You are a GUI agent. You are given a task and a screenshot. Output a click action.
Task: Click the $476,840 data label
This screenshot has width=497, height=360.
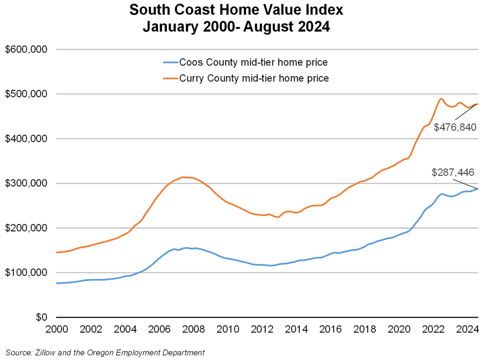(x=455, y=127)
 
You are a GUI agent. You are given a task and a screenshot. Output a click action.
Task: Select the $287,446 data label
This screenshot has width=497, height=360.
(x=453, y=173)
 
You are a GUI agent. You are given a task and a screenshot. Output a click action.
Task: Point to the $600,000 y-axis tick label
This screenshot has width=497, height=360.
(x=26, y=50)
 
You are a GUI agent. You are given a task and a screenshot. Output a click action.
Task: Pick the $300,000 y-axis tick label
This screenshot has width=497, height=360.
(x=26, y=183)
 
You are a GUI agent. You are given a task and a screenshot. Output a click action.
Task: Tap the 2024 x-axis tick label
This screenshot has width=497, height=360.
(x=468, y=329)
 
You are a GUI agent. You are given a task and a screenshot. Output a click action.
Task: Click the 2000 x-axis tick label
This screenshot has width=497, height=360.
(x=57, y=329)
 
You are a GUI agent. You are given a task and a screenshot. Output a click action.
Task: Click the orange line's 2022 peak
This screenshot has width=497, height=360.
(x=441, y=98)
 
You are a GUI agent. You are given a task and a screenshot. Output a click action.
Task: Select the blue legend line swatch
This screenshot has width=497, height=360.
(x=169, y=63)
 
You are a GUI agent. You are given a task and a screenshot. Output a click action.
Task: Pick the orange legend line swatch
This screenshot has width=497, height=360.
(x=169, y=78)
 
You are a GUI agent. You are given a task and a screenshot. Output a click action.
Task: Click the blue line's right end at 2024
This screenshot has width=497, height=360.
(x=478, y=189)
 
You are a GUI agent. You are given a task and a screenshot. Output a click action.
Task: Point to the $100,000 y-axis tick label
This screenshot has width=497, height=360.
(x=26, y=272)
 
